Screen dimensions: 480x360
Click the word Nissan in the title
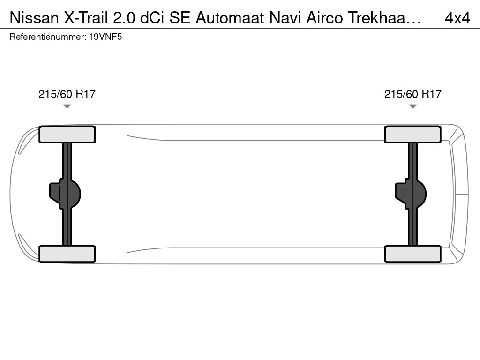34,18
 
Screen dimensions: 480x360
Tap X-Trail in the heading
86,18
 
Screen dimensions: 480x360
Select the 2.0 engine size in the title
124,18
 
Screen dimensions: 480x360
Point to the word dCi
152,18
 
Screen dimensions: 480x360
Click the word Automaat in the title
230,18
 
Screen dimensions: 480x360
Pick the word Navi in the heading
285,18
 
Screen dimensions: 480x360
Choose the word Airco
324,18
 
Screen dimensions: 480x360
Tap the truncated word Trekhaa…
384,18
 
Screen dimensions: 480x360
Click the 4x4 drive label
457,18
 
